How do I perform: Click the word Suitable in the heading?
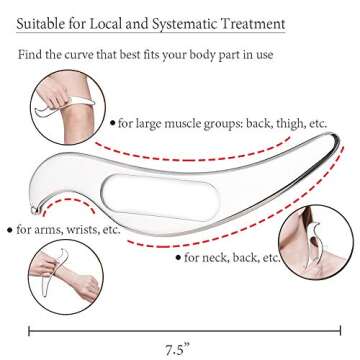click(x=44, y=21)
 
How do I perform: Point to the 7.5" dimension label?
click(x=179, y=349)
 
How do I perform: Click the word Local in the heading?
click(x=126, y=21)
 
